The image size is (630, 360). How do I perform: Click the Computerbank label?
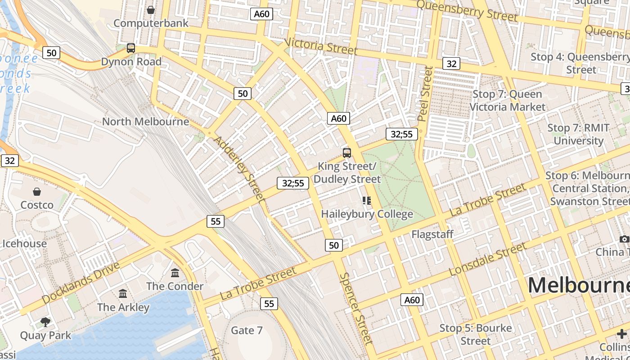(151, 23)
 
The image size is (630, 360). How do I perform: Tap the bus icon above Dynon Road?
(131, 48)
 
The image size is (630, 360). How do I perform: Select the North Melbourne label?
(145, 121)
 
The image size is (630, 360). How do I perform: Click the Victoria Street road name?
(321, 46)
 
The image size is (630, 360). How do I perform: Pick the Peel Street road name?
(425, 94)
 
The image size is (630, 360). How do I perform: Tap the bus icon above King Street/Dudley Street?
(346, 153)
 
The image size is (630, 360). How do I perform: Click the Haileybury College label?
(367, 214)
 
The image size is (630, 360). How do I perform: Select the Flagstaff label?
(432, 234)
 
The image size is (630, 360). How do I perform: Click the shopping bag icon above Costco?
(37, 192)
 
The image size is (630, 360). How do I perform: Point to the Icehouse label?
(25, 243)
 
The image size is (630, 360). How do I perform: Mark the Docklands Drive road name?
(81, 282)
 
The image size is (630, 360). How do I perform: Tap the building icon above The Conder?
(175, 273)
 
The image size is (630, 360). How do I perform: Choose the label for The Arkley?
(123, 307)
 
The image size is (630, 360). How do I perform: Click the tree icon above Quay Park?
(45, 322)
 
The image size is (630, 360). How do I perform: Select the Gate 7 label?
(247, 330)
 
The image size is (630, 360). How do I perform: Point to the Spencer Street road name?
(356, 309)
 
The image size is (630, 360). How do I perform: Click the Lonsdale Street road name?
(487, 260)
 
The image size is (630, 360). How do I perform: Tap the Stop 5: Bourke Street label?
(476, 334)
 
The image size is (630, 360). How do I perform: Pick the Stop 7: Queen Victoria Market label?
(507, 100)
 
